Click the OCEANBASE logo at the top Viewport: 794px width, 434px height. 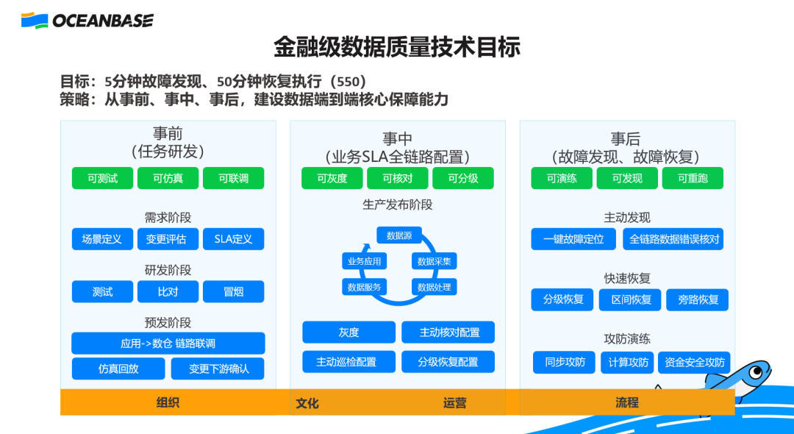87,20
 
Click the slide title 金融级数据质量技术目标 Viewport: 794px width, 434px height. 397,47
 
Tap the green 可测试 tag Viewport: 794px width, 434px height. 102,178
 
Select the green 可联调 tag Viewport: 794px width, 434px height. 233,178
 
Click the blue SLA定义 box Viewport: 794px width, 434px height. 233,239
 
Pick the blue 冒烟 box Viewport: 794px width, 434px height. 233,291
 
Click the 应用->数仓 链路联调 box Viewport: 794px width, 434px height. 168,344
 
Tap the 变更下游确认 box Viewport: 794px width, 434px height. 218,369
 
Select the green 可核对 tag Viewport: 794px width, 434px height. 398,178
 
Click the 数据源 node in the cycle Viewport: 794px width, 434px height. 399,235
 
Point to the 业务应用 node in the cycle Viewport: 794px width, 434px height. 365,261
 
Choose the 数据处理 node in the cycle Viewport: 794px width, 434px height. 434,287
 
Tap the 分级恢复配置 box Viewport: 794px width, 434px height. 448,362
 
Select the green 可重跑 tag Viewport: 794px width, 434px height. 692,178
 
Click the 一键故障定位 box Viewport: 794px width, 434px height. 573,239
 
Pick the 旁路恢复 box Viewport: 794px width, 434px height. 698,299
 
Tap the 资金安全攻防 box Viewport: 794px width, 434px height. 694,362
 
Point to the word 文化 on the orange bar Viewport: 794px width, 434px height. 307,403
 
